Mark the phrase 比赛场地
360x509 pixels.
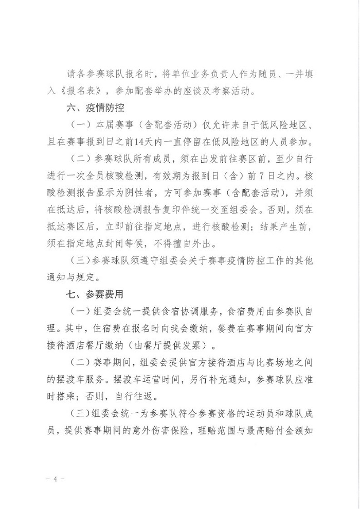pos(282,361)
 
